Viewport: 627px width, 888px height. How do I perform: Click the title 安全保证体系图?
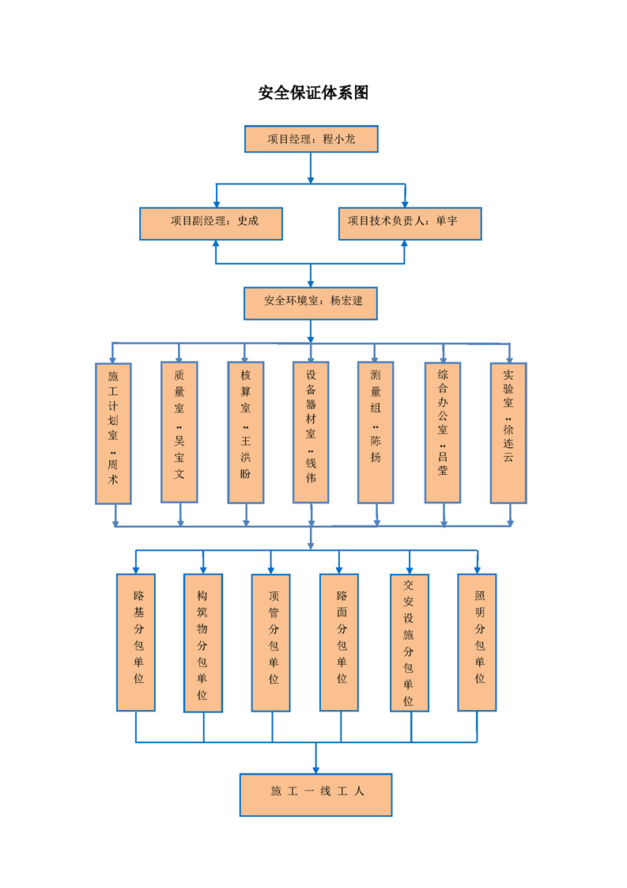pyautogui.click(x=313, y=93)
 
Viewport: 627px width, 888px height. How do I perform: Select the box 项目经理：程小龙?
pyautogui.click(x=311, y=139)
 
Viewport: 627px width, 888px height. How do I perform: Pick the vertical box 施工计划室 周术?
pyautogui.click(x=113, y=433)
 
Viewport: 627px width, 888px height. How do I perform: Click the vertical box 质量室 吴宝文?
pyautogui.click(x=179, y=432)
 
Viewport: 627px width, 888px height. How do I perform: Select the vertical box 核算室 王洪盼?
pyautogui.click(x=246, y=432)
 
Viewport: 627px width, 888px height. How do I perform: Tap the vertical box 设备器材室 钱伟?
pyautogui.click(x=311, y=432)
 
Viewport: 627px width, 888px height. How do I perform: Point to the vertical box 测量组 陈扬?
pyautogui.click(x=376, y=432)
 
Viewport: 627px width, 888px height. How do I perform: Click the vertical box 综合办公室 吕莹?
pyautogui.click(x=443, y=432)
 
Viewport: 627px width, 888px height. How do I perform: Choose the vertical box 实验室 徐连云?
pyautogui.click(x=508, y=432)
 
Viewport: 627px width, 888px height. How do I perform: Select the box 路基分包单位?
pyautogui.click(x=136, y=642)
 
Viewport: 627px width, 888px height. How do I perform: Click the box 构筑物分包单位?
pyautogui.click(x=203, y=643)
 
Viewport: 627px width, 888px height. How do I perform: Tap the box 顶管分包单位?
pyautogui.click(x=271, y=642)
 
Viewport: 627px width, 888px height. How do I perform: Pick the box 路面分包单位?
pyautogui.click(x=339, y=642)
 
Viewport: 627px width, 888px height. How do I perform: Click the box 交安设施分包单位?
pyautogui.click(x=410, y=642)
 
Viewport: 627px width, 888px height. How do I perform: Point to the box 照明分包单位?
pyautogui.click(x=478, y=642)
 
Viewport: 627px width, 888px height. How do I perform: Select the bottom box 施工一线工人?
pyautogui.click(x=315, y=795)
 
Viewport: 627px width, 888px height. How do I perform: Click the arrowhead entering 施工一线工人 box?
pyautogui.click(x=315, y=768)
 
